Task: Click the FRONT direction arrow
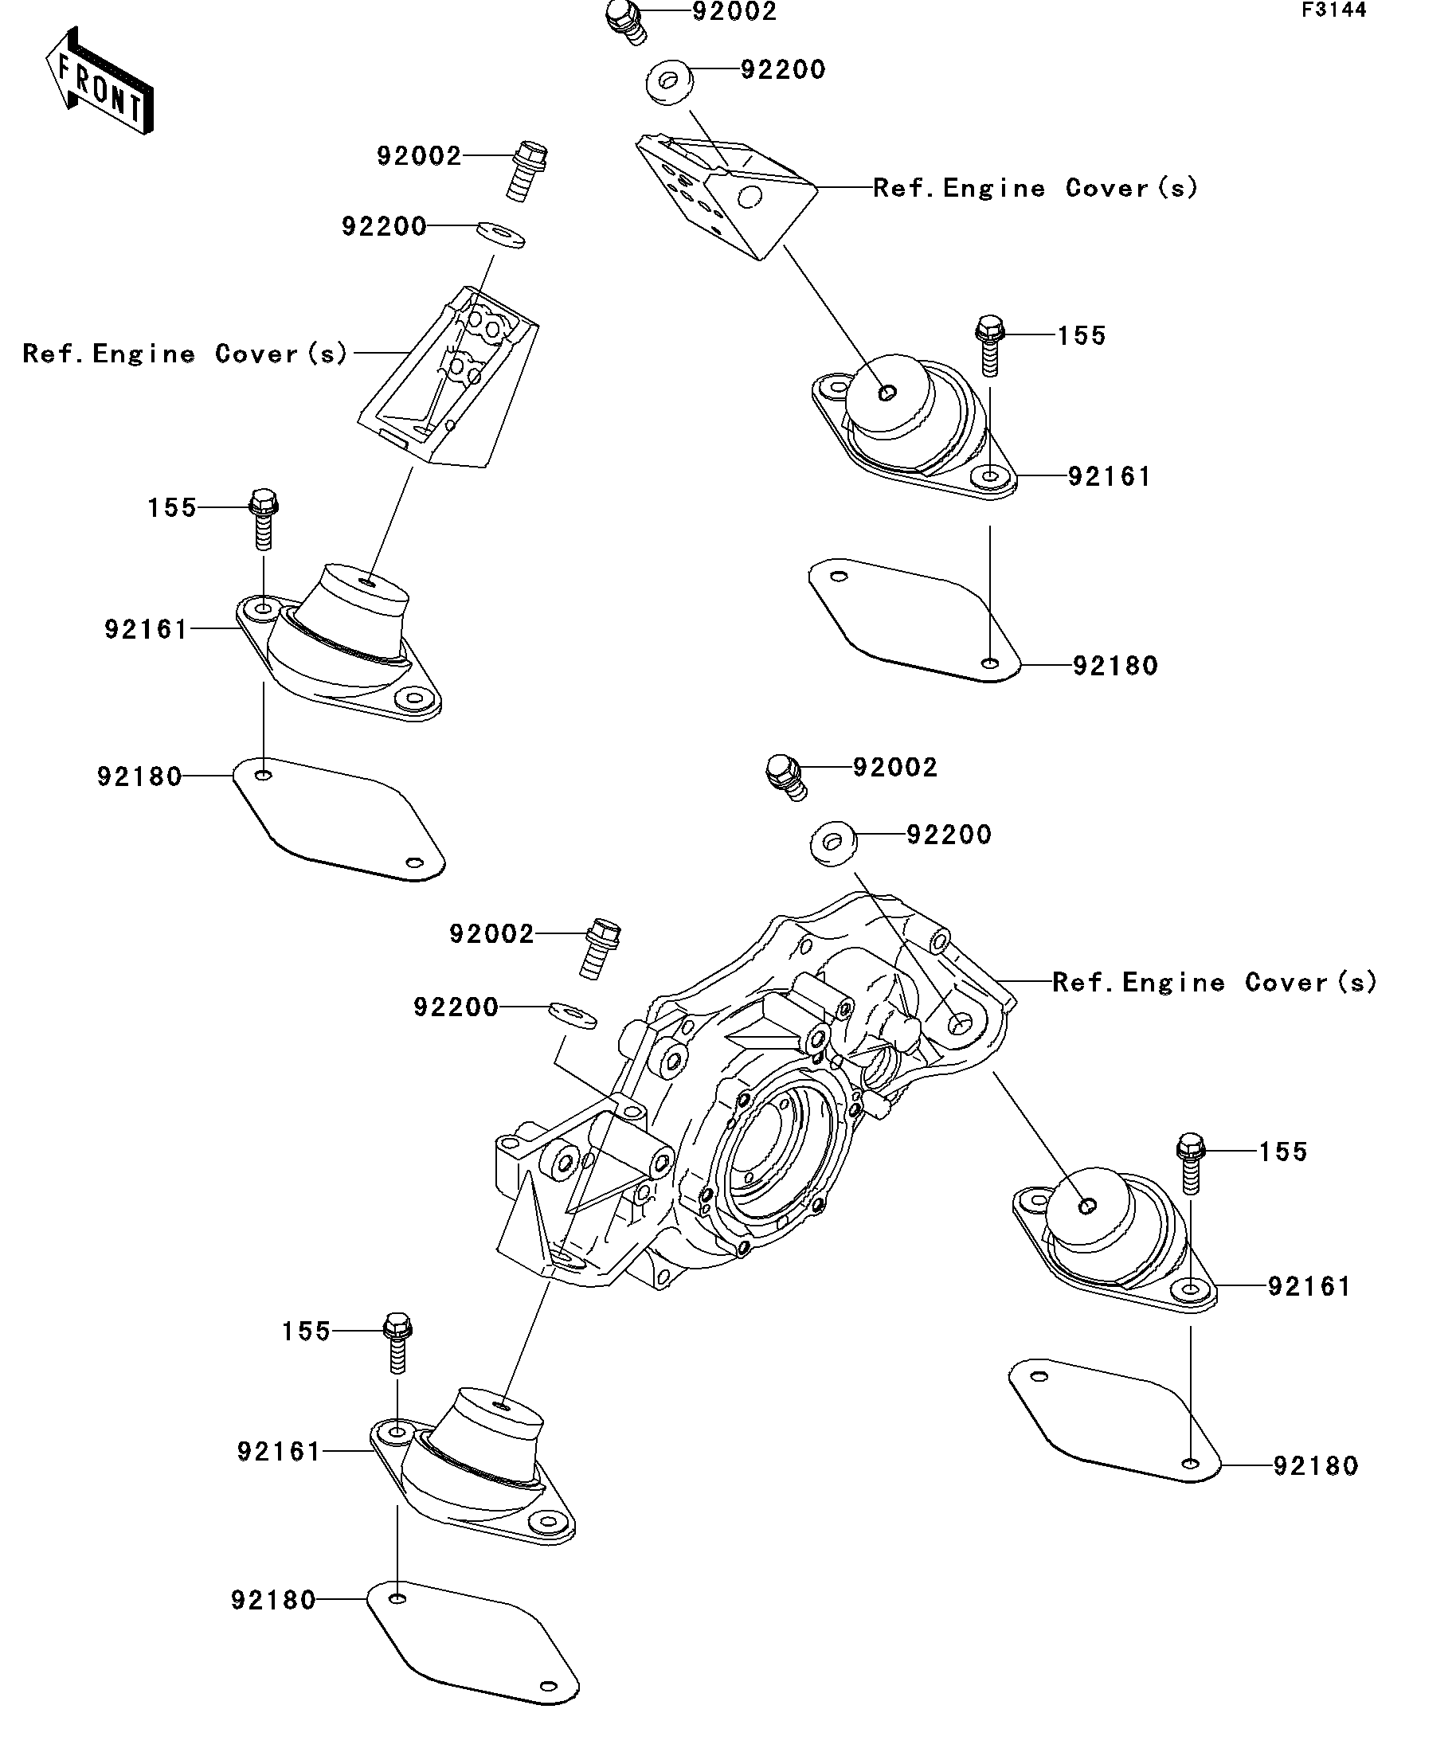99,81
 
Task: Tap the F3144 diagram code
1333,11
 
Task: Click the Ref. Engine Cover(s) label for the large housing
1215,982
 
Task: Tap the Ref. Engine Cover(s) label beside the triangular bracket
1035,187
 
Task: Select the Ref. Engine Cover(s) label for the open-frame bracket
185,353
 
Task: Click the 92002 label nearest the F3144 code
734,12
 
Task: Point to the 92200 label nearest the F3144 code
783,69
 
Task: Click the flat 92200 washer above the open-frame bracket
501,235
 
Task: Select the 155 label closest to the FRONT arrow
171,507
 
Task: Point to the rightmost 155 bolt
1191,1160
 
